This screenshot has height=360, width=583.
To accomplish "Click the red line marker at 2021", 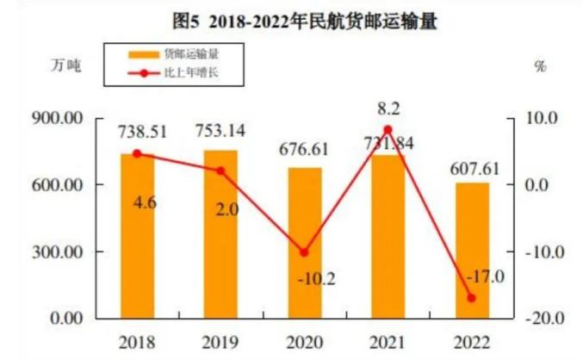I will pos(388,130).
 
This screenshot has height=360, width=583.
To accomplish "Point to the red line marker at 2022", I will pos(472,298).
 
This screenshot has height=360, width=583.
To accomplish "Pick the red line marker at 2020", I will pos(304,252).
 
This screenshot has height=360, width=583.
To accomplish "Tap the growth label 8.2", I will pos(388,109).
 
